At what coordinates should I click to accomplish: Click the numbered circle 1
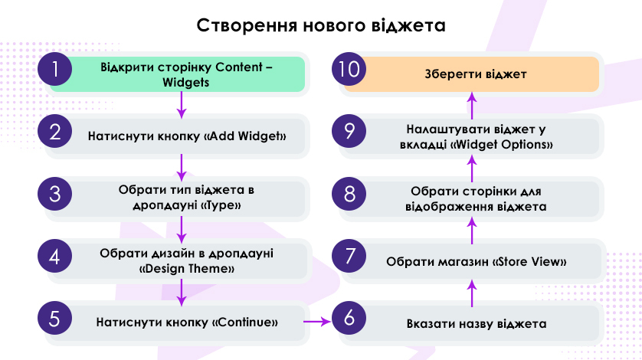pyautogui.click(x=55, y=69)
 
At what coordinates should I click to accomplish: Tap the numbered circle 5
pyautogui.click(x=55, y=318)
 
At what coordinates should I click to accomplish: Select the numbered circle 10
pyautogui.click(x=349, y=69)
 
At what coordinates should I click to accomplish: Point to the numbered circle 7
pyautogui.click(x=349, y=256)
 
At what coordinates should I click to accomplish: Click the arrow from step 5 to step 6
pyautogui.click(x=317, y=322)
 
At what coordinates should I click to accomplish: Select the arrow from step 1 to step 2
pyautogui.click(x=182, y=105)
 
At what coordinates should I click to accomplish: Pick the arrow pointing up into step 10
pyautogui.click(x=472, y=106)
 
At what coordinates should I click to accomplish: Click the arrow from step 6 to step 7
pyautogui.click(x=472, y=293)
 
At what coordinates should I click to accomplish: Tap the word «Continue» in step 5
pyautogui.click(x=245, y=322)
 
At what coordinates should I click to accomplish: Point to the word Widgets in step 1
pyautogui.click(x=186, y=82)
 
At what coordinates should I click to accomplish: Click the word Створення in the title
pyautogui.click(x=246, y=25)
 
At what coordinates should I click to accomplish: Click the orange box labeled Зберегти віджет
pyautogui.click(x=471, y=74)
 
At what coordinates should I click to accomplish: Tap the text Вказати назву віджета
pyautogui.click(x=477, y=324)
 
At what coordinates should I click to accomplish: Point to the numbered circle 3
pyautogui.click(x=55, y=194)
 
